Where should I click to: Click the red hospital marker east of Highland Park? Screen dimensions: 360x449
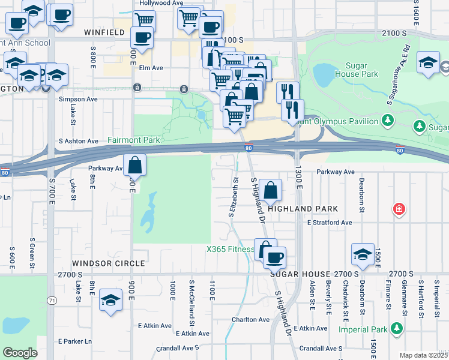coord(398,209)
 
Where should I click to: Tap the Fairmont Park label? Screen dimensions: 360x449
coord(133,140)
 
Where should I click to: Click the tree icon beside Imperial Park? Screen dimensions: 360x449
coord(396,328)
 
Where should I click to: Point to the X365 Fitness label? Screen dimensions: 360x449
coord(230,250)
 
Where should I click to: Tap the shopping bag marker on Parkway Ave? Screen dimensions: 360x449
coord(135,165)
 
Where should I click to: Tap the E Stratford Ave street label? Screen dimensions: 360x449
coord(329,223)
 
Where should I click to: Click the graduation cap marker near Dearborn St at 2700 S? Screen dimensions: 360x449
coord(363,254)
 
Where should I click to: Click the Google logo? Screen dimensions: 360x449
coord(20,353)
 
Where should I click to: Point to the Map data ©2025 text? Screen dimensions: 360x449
coord(423,355)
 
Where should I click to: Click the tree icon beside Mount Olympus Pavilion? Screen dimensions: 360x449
coord(388,121)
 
